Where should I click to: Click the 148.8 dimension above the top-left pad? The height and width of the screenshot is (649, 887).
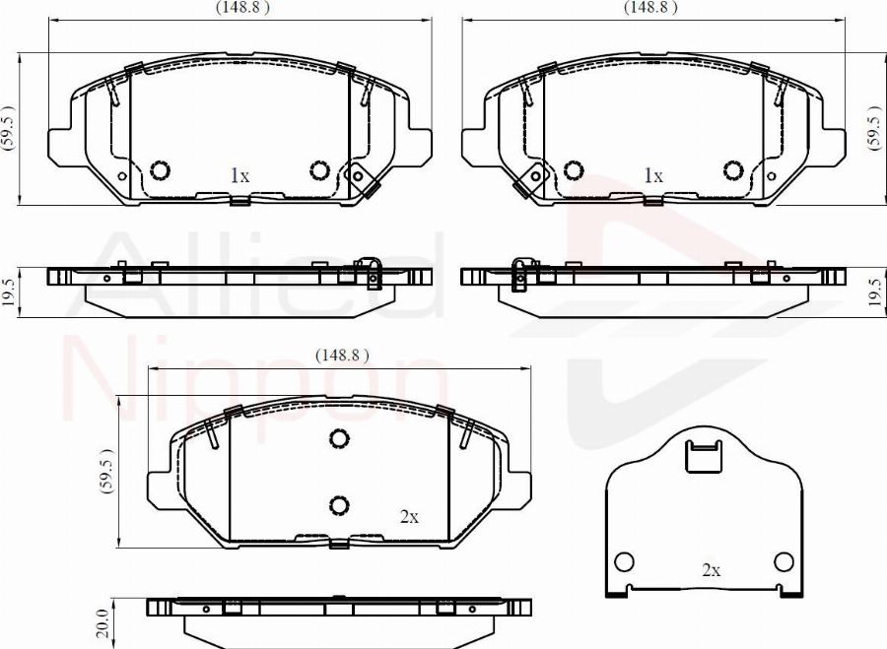point(242,7)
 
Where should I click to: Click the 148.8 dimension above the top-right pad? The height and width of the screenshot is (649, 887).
point(650,7)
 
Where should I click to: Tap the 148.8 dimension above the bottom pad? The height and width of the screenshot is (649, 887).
point(342,355)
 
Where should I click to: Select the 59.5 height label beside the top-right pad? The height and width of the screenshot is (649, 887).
point(874,128)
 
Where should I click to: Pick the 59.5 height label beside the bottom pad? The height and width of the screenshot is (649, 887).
point(106,472)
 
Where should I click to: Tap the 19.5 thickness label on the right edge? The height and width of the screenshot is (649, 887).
point(875,292)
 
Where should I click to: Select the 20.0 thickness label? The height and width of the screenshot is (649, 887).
point(102,623)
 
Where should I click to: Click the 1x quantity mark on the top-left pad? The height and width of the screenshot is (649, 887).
point(239,176)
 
